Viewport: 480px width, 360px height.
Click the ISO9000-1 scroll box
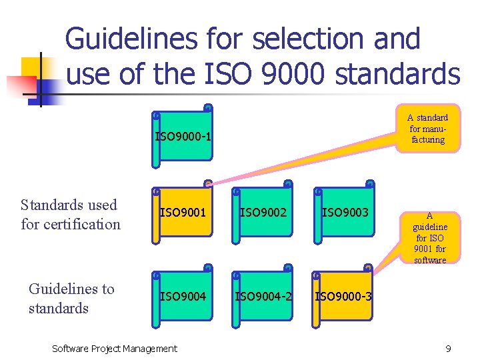183,137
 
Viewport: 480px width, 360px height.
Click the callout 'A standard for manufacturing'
427,129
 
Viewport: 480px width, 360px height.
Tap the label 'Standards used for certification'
71,214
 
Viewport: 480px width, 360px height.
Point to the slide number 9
449,349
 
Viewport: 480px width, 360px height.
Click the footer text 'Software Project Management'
115,348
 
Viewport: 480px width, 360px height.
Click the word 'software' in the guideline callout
429,260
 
